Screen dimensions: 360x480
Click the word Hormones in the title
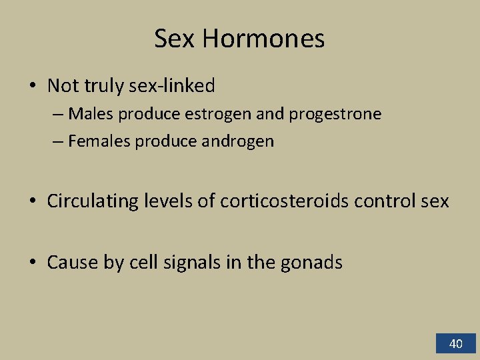[263, 39]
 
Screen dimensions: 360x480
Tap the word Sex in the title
[175, 39]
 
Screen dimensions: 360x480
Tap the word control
[383, 201]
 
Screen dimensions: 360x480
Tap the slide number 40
[456, 344]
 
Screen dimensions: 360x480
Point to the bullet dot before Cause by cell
[32, 263]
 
